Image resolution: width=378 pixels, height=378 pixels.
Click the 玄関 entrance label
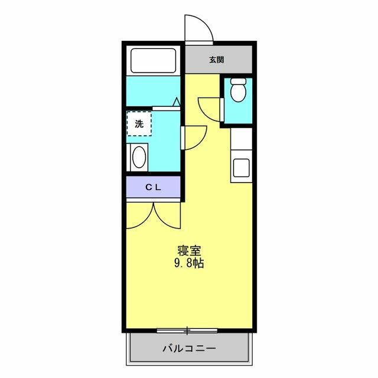(216, 60)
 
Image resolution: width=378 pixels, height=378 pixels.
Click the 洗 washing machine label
(139, 124)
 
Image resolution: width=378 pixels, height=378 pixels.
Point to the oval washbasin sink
(139, 158)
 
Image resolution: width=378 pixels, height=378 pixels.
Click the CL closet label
(154, 187)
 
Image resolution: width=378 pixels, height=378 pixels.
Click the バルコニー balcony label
(189, 348)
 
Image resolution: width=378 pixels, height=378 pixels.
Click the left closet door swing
(141, 216)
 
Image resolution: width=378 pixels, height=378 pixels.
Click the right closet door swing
(167, 216)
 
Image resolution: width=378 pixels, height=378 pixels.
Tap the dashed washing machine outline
(139, 124)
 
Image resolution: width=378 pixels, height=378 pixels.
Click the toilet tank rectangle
(238, 81)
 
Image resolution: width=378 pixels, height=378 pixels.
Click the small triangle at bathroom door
(175, 102)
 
